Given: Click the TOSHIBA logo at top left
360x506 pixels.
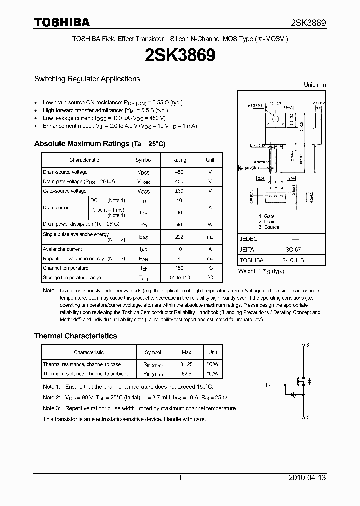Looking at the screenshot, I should pos(62,22).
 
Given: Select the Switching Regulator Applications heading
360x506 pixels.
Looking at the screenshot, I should pos(87,79).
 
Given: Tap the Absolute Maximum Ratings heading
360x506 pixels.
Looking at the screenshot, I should pos(99,144).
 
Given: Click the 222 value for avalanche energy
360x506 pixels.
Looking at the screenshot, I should pos(179,237).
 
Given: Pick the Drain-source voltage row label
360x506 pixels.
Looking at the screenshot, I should pos(65,172).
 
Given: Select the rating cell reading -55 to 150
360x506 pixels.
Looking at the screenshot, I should pos(179,277).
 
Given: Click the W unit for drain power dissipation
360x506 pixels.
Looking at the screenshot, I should pos(210,224).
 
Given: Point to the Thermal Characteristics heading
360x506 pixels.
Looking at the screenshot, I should pos(75,336).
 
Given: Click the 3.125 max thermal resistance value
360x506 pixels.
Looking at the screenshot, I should pos(186,364).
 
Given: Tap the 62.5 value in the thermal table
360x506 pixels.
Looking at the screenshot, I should pos(186,373).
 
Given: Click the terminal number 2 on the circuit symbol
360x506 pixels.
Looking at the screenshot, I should pos(308,345).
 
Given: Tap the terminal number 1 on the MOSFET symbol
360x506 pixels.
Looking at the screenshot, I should pos(267,384).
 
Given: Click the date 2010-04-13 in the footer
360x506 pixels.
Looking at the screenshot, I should pos(307,478).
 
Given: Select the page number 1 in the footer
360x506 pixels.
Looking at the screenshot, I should pos(180,478).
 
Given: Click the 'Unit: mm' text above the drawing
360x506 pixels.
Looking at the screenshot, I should pos(315,85).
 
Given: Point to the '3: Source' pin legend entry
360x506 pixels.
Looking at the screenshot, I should pos(269,227).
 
